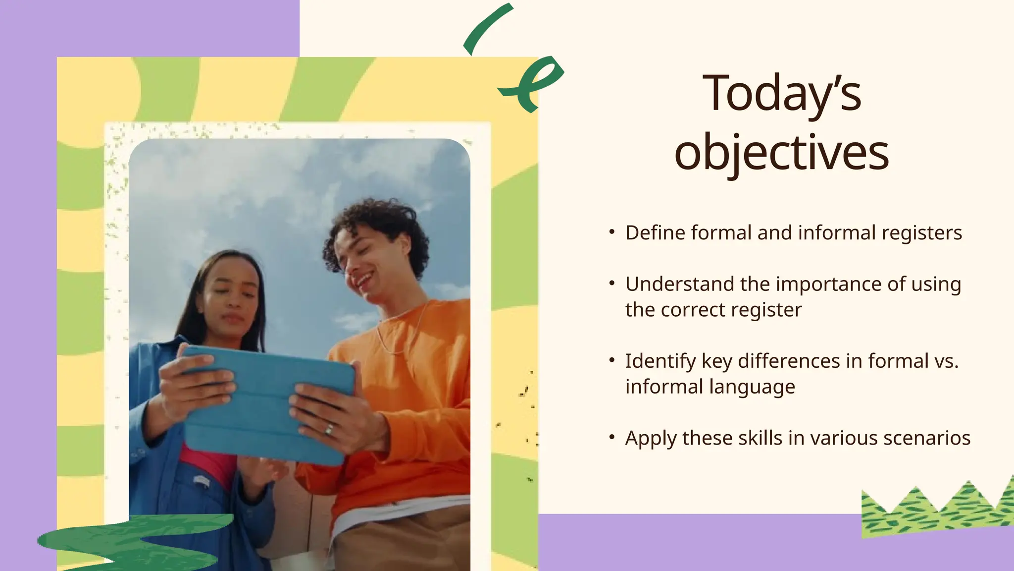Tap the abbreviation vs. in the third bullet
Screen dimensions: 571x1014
946,361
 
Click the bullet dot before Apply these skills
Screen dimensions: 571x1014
612,437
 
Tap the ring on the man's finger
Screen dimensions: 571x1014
329,429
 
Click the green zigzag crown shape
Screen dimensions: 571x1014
936,511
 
